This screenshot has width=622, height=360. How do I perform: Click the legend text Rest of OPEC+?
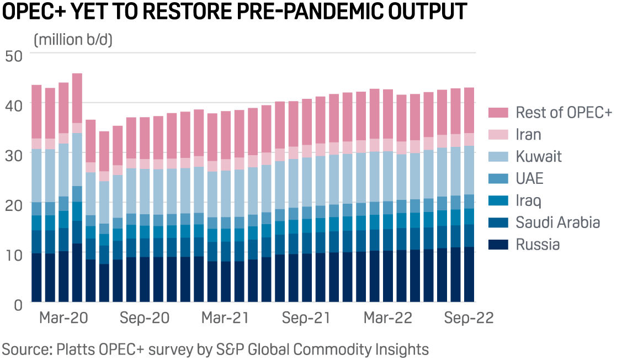[563, 112]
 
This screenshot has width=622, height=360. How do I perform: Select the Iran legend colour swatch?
[499, 134]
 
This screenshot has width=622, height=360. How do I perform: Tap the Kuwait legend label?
[538, 156]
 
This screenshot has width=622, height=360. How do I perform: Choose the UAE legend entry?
[529, 178]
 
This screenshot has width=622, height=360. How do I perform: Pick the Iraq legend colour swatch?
[499, 200]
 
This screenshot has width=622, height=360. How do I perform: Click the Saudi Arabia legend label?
[557, 222]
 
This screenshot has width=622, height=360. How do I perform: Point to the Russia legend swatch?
[499, 244]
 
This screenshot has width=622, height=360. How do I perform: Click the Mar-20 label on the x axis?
[59, 319]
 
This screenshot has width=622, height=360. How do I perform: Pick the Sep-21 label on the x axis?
[306, 319]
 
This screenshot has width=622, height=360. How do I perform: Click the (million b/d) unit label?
[73, 40]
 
